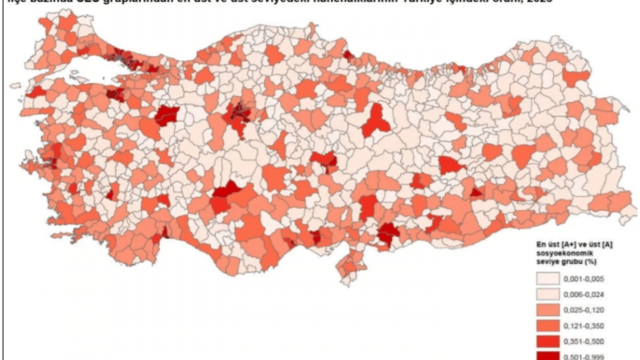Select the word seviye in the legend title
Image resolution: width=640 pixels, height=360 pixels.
coord(546,261)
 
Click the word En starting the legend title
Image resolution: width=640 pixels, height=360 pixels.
coord(541,244)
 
